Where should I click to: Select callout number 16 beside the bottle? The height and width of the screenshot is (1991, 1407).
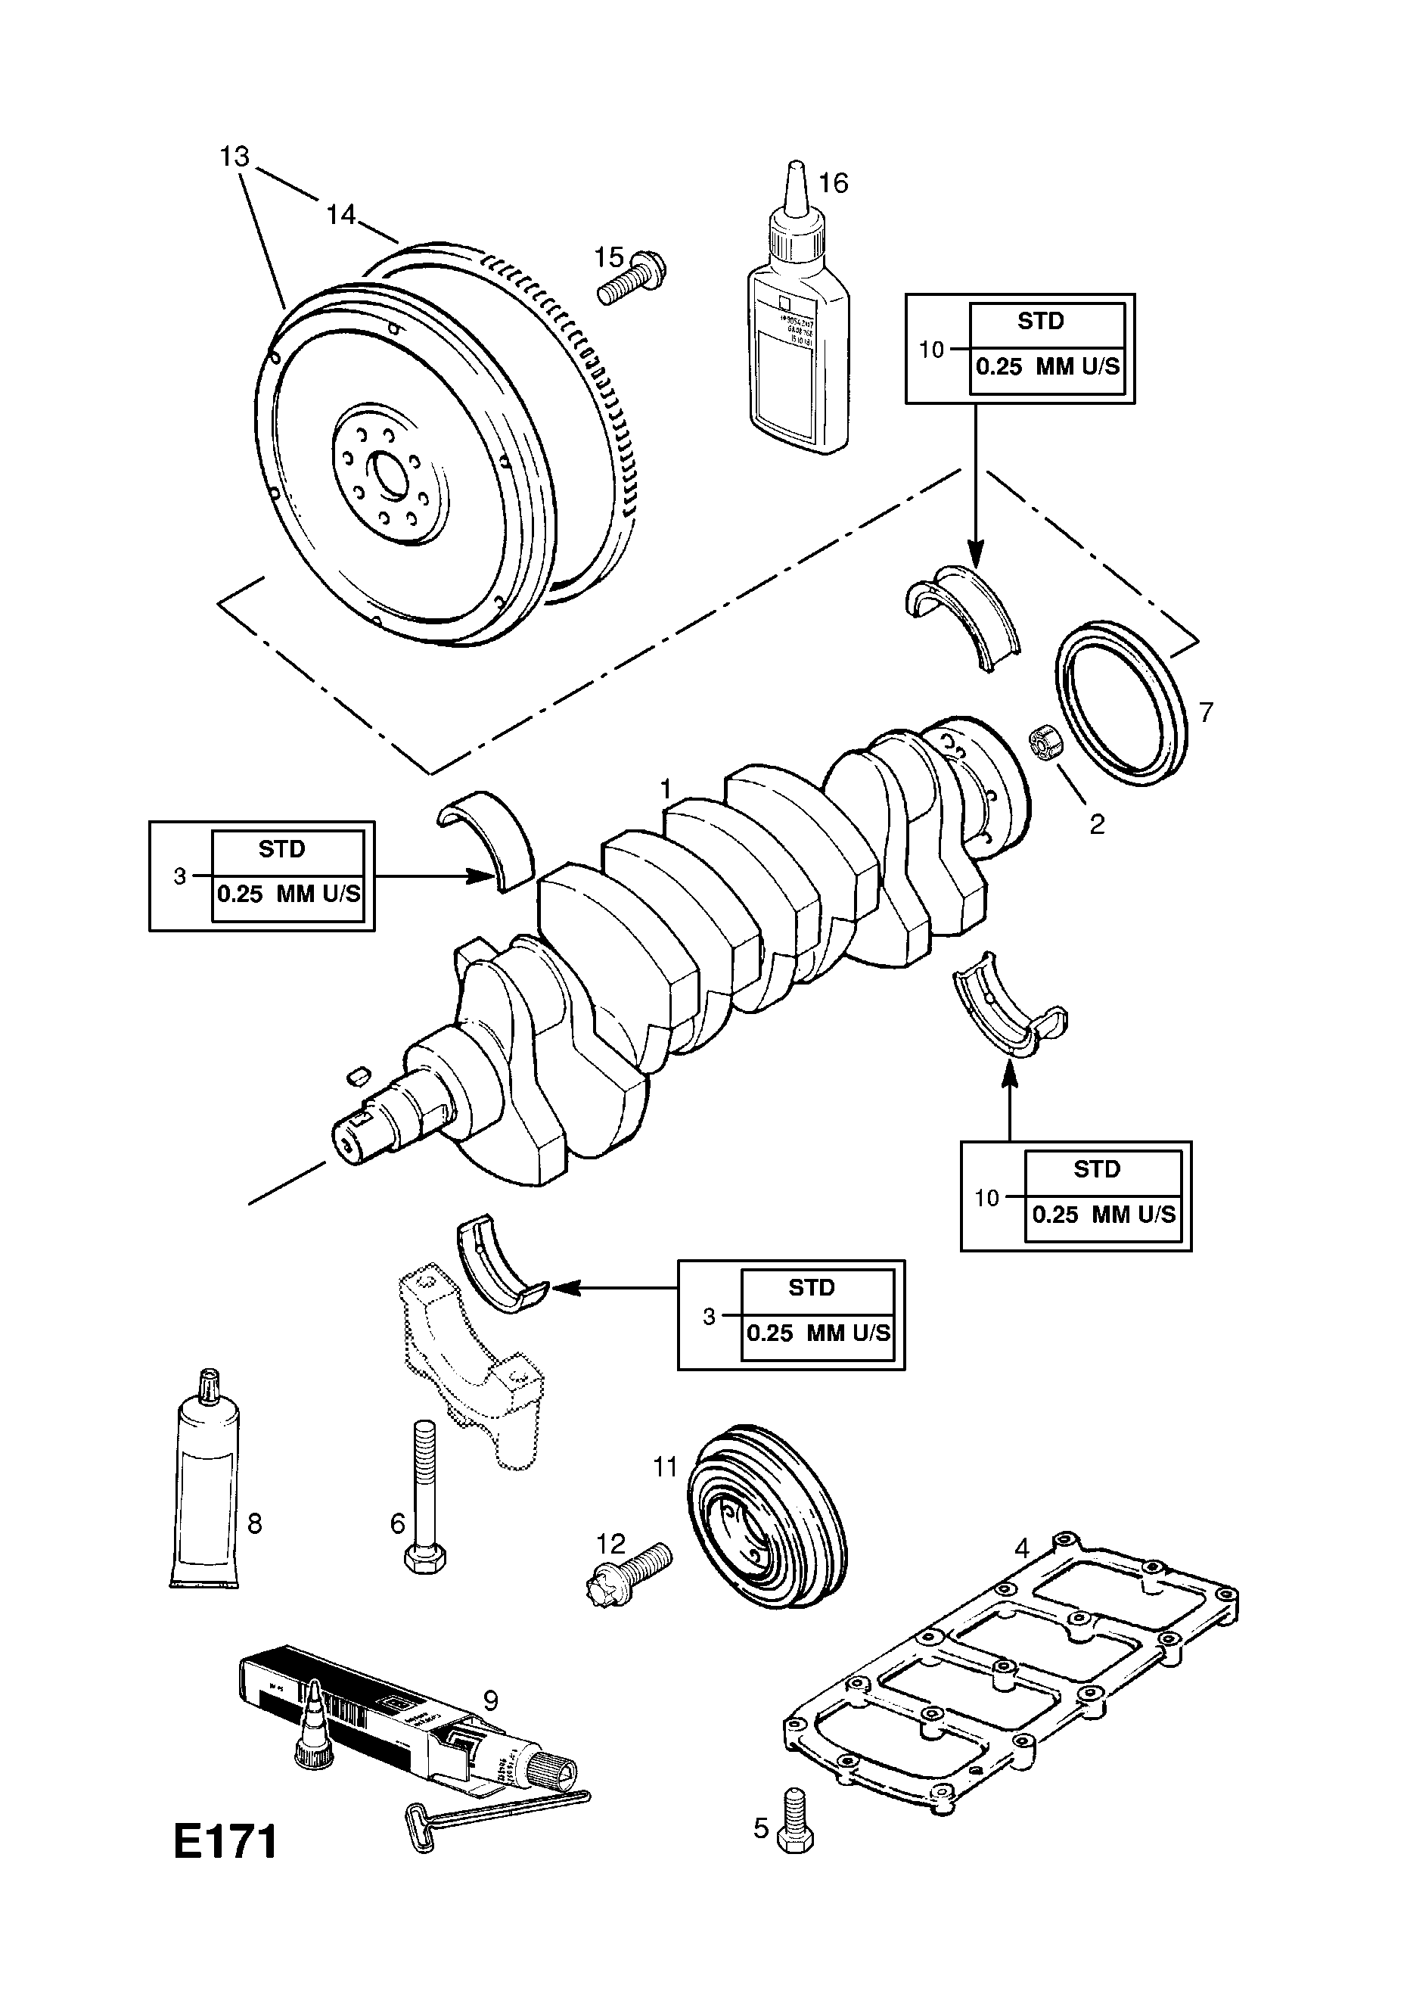(833, 183)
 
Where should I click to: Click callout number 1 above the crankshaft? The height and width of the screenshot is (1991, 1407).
(666, 789)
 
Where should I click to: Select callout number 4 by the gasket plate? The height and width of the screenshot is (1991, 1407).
(1021, 1547)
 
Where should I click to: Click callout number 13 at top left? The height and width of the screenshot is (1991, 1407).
(234, 157)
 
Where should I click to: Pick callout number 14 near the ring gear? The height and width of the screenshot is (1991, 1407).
(340, 214)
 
